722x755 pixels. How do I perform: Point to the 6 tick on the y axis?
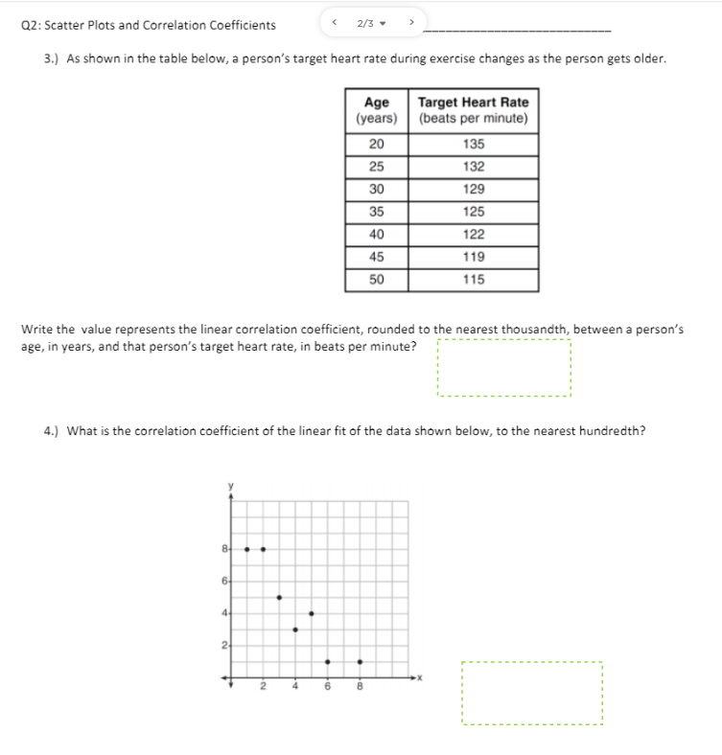(x=225, y=581)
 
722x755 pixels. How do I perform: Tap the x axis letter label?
(x=420, y=678)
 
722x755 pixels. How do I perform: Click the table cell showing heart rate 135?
(x=473, y=144)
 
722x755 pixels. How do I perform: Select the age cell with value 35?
(x=376, y=212)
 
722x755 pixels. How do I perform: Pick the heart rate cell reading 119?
(x=473, y=257)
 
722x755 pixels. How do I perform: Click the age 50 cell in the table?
(x=376, y=280)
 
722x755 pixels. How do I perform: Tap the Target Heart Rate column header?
(x=473, y=110)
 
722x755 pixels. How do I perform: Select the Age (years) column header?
(x=376, y=110)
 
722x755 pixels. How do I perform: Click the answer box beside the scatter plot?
(x=531, y=693)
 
